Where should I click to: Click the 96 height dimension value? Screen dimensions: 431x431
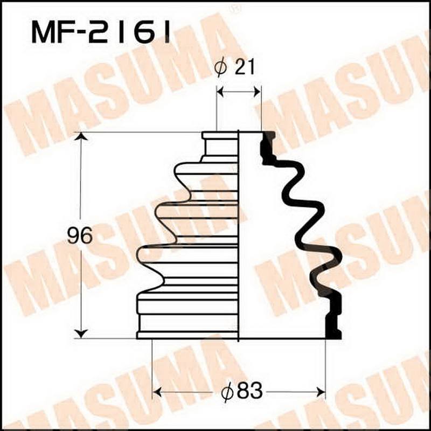[80, 236]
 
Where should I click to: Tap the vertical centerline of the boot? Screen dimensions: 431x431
[239, 237]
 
